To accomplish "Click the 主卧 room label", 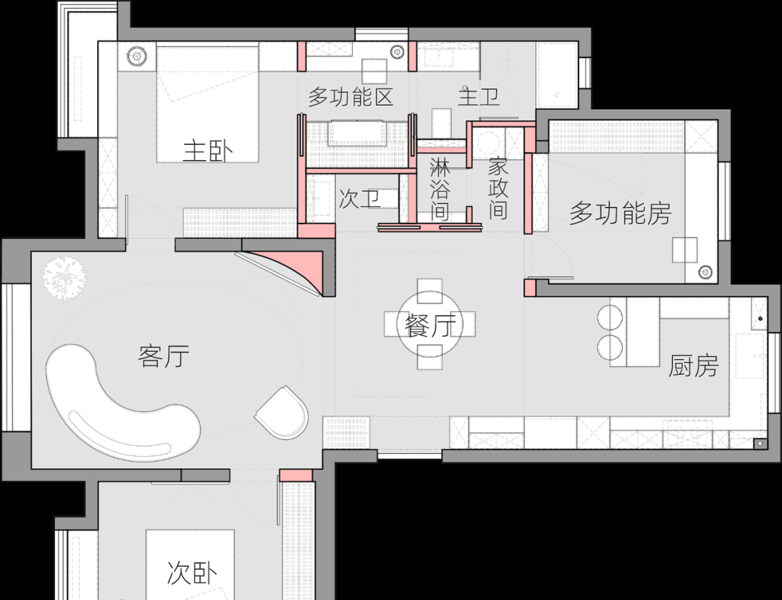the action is point(208,151).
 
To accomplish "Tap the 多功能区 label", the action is point(350,97).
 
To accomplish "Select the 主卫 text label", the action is point(479,96).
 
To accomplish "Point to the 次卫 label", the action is point(360,199).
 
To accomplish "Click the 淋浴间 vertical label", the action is point(440,189).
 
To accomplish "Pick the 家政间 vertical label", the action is point(497,188).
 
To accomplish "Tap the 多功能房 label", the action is point(621,213).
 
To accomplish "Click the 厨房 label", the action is point(693,366).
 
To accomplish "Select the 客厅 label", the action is point(164,356).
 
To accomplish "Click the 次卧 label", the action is point(192,572).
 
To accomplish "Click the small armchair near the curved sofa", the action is point(282,413).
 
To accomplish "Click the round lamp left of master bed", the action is point(136,56).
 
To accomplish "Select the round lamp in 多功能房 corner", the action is point(705,272).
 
